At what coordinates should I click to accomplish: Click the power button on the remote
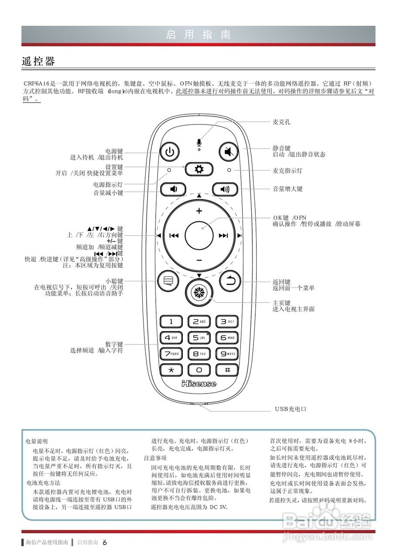[x=170, y=152]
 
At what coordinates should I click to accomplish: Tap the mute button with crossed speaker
[x=228, y=152]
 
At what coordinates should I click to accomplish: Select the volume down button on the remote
[x=173, y=189]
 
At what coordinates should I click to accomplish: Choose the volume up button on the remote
[x=224, y=189]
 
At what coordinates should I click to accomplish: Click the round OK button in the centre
[x=199, y=235]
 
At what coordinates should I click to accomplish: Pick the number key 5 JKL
[x=199, y=338]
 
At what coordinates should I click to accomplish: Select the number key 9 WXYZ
[x=227, y=354]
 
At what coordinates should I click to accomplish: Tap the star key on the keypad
[x=171, y=369]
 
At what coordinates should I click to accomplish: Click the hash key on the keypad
[x=227, y=369]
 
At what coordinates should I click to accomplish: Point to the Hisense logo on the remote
[x=199, y=383]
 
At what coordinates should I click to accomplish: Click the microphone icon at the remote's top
[x=199, y=143]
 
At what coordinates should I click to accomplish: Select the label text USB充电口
[x=291, y=409]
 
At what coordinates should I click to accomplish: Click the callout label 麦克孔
[x=281, y=122]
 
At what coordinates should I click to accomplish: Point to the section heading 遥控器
[x=38, y=62]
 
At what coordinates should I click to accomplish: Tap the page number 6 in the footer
[x=105, y=543]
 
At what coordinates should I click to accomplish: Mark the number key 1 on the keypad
[x=171, y=322]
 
